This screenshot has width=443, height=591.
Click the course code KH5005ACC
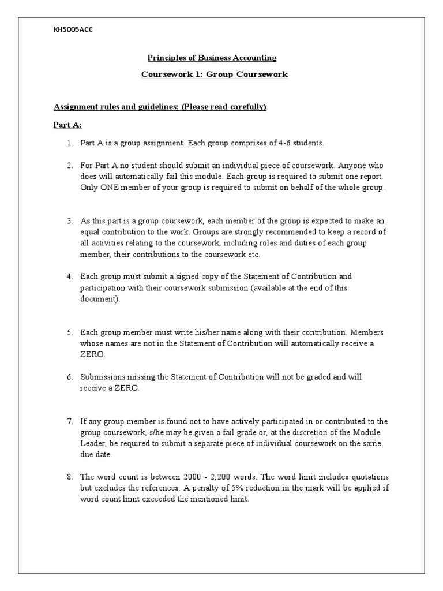point(73,30)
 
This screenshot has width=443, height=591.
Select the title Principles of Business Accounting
point(212,58)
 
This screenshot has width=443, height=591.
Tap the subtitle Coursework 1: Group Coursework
point(215,74)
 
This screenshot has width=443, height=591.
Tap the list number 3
point(69,222)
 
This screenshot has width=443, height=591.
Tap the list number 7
point(69,421)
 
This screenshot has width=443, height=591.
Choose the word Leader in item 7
point(93,444)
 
